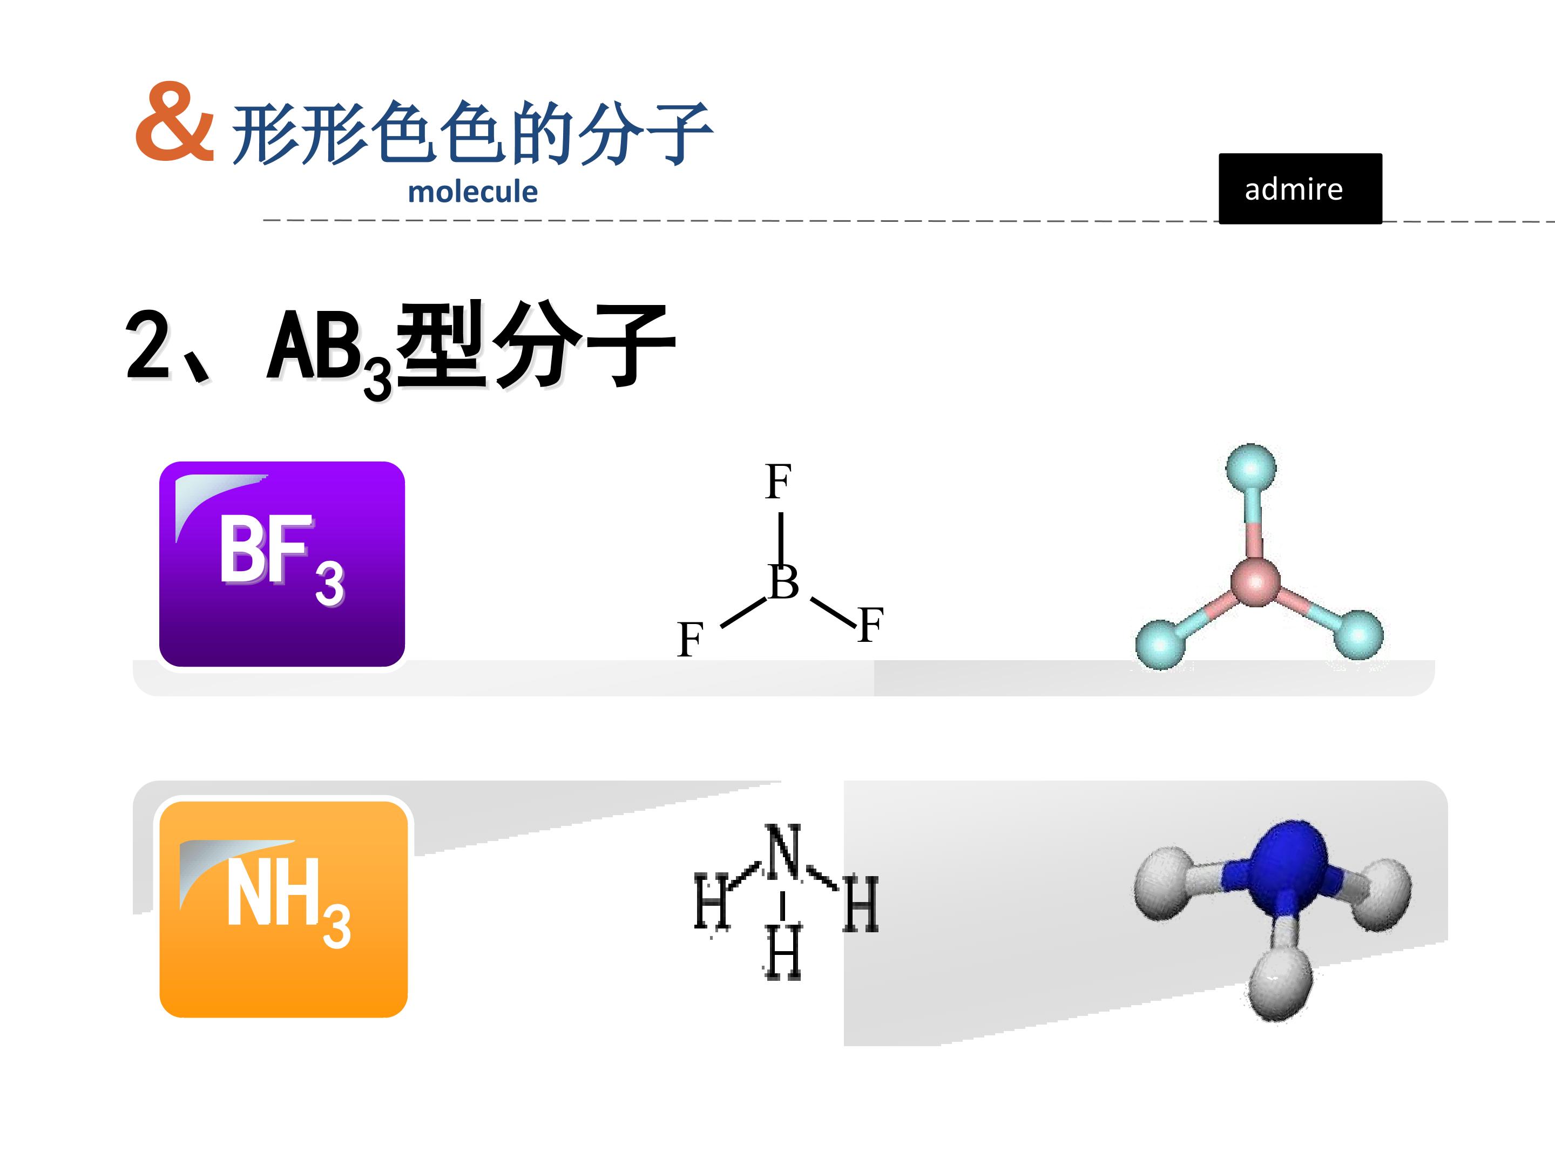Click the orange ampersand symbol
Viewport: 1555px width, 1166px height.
coord(174,121)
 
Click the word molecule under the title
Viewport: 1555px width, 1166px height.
coord(472,191)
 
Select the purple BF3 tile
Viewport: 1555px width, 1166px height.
coord(282,564)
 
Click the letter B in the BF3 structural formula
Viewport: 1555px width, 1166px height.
coord(784,582)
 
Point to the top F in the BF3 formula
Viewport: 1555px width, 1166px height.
coord(778,482)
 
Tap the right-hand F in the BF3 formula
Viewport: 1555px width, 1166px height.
coord(870,624)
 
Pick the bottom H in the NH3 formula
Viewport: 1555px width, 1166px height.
coord(782,952)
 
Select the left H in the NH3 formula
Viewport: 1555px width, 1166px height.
coord(712,901)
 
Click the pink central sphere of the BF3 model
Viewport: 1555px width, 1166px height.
coord(1255,582)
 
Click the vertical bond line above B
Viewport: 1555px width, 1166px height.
coord(781,539)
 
